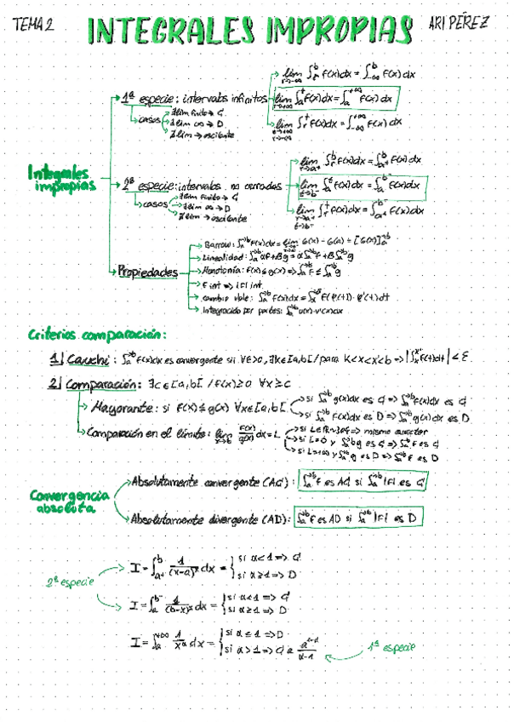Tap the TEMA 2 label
35,26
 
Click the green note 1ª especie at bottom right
392,647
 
